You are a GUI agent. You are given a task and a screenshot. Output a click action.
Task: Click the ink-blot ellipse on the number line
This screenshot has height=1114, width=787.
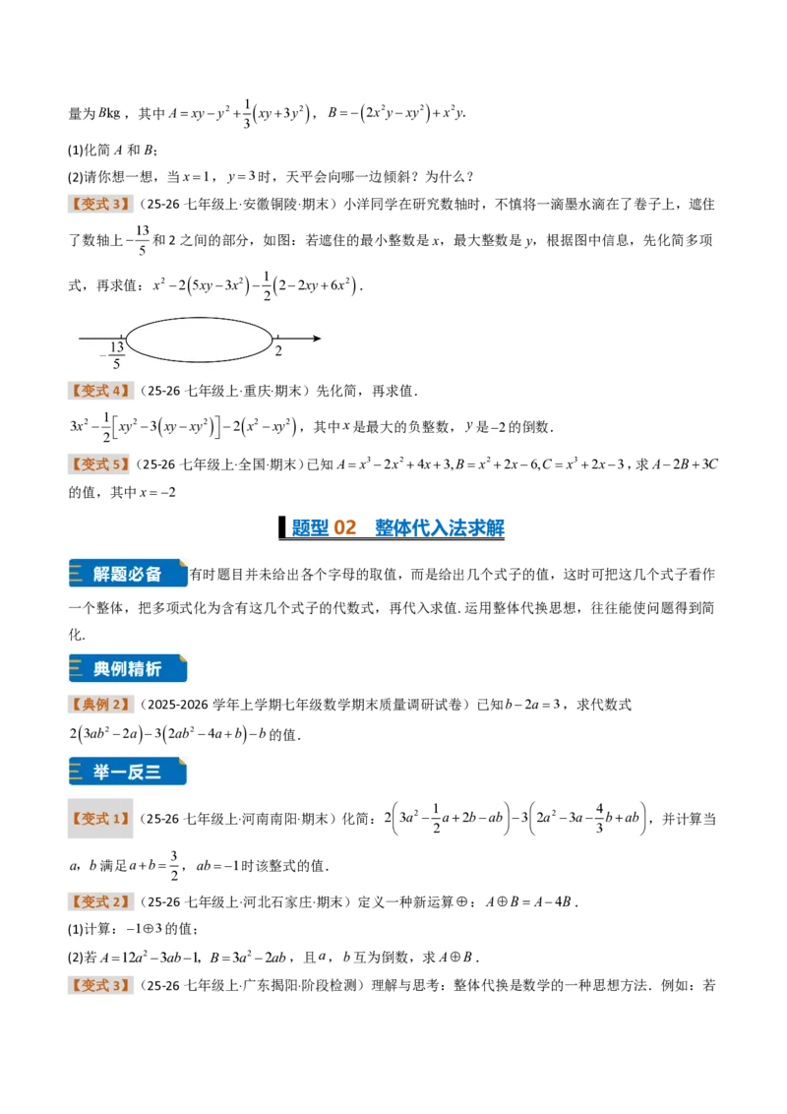pos(127,340)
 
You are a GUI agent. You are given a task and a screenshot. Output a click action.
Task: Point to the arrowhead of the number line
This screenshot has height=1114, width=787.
pos(317,339)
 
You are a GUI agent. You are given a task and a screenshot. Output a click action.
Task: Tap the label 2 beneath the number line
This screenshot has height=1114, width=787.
pos(278,351)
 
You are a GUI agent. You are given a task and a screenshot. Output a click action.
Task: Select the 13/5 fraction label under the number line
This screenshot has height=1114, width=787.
pos(116,355)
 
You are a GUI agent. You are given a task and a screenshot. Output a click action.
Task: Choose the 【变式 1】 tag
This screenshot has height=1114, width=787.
pos(101,819)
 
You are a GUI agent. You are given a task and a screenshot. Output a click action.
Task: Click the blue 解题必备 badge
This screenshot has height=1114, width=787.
pos(128,574)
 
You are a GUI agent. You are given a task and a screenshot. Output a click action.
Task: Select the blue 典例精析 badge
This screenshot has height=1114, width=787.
pos(128,668)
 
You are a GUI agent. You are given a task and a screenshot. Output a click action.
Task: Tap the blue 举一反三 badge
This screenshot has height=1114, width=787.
pos(128,772)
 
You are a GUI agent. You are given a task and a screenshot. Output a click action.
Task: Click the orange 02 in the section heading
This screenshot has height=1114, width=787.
pos(344,527)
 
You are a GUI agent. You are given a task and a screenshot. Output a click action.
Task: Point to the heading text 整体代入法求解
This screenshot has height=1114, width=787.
pos(440,527)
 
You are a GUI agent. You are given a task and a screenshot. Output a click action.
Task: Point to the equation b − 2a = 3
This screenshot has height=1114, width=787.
pos(533,705)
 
